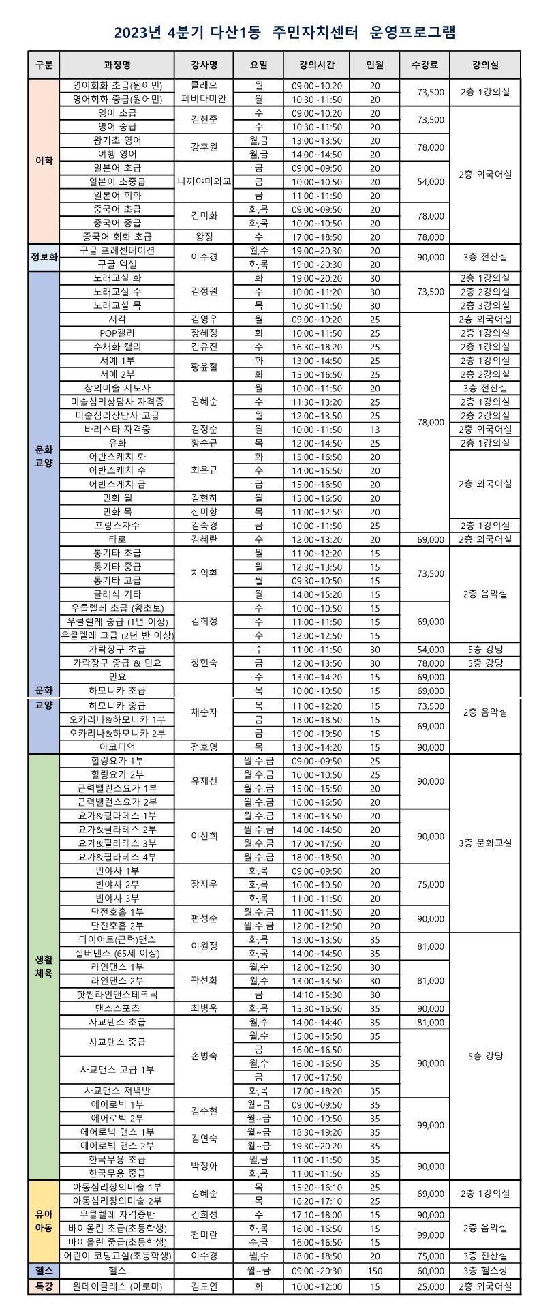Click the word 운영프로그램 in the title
[412, 32]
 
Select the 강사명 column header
[204, 65]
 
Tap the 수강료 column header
[430, 65]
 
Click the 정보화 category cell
[44, 257]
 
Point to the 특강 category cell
[44, 1286]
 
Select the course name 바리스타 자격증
[117, 430]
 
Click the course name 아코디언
[117, 747]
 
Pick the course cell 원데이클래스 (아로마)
[117, 1286]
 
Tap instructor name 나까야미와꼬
[204, 181]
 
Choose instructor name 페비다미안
[204, 100]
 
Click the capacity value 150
[375, 1271]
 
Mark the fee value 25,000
[430, 1286]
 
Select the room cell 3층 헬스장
[484, 1271]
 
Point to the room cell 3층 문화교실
[484, 843]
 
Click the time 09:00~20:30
[317, 1271]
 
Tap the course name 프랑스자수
[117, 526]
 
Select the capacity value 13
[375, 430]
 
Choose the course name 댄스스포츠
[117, 1008]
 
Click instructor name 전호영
[204, 747]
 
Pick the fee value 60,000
[430, 1271]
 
